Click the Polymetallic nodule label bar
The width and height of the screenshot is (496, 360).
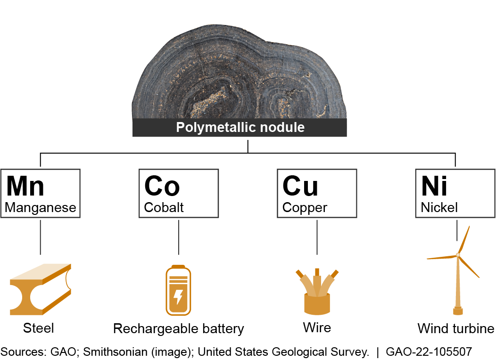click(240, 127)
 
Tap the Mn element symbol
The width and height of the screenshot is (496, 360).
click(25, 186)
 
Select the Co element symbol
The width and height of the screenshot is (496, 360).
click(162, 186)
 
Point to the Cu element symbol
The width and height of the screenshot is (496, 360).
click(300, 186)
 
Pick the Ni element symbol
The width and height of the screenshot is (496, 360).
click(434, 186)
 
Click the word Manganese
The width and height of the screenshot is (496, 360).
click(40, 207)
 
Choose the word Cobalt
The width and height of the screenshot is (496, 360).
click(164, 207)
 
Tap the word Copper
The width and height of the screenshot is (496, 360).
click(305, 207)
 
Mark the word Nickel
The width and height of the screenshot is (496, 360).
click(439, 207)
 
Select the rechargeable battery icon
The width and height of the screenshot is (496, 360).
click(178, 291)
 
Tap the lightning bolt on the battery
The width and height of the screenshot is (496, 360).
click(178, 297)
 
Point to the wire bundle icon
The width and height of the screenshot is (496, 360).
click(317, 292)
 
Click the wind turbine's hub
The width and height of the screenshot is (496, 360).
click(458, 255)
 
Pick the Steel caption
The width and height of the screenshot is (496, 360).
click(39, 328)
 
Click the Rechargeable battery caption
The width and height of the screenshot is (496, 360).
click(179, 328)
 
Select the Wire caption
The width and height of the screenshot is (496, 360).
click(317, 327)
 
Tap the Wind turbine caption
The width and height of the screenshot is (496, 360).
click(456, 328)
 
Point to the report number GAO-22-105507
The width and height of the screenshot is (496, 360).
click(429, 352)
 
